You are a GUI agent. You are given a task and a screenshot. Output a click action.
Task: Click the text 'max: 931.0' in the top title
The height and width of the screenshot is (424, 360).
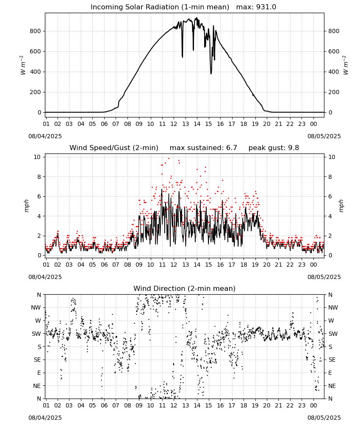click(x=256, y=7)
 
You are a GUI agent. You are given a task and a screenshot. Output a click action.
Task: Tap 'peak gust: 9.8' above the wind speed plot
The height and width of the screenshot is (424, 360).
click(x=274, y=148)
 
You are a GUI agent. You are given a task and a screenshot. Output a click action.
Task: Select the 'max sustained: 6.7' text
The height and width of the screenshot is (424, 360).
click(x=203, y=148)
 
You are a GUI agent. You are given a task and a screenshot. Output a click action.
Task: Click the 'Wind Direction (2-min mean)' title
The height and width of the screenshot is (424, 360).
click(x=185, y=288)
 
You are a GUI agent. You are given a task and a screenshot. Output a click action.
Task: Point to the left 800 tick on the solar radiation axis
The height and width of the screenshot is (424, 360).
click(x=36, y=31)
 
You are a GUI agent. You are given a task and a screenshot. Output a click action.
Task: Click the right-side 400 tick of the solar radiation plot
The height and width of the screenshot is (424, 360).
click(x=334, y=72)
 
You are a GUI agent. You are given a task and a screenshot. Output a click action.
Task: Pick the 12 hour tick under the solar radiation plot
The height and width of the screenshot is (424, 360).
click(x=174, y=124)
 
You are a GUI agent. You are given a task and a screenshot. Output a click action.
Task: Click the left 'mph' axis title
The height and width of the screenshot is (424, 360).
click(x=26, y=206)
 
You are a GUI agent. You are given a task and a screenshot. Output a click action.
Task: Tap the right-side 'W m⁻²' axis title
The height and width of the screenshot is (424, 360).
click(x=346, y=65)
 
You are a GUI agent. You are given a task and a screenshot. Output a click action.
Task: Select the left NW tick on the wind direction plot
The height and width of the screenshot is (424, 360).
click(x=36, y=308)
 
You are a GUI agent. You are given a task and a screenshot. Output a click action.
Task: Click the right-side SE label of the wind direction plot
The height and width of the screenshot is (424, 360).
click(x=332, y=360)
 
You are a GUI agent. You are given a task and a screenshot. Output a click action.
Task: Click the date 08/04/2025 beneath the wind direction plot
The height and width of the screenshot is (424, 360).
click(x=45, y=418)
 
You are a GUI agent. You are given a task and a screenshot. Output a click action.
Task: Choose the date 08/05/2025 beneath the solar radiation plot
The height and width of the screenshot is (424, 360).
click(x=324, y=136)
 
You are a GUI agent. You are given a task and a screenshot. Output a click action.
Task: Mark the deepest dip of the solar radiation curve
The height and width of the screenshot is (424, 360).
click(x=211, y=73)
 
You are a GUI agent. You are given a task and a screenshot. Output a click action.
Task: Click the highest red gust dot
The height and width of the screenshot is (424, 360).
click(x=169, y=158)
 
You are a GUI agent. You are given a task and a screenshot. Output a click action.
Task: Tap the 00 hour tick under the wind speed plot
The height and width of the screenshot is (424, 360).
click(x=313, y=265)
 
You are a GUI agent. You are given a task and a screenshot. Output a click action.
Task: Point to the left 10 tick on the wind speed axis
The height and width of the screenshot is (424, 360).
click(x=38, y=157)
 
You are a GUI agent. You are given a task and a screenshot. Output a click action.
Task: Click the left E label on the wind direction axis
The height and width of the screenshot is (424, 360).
click(x=39, y=373)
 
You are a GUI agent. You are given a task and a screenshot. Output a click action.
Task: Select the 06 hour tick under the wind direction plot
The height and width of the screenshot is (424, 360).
click(x=104, y=405)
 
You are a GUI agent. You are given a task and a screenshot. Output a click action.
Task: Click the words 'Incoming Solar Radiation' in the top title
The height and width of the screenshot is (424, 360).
click(x=135, y=7)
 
